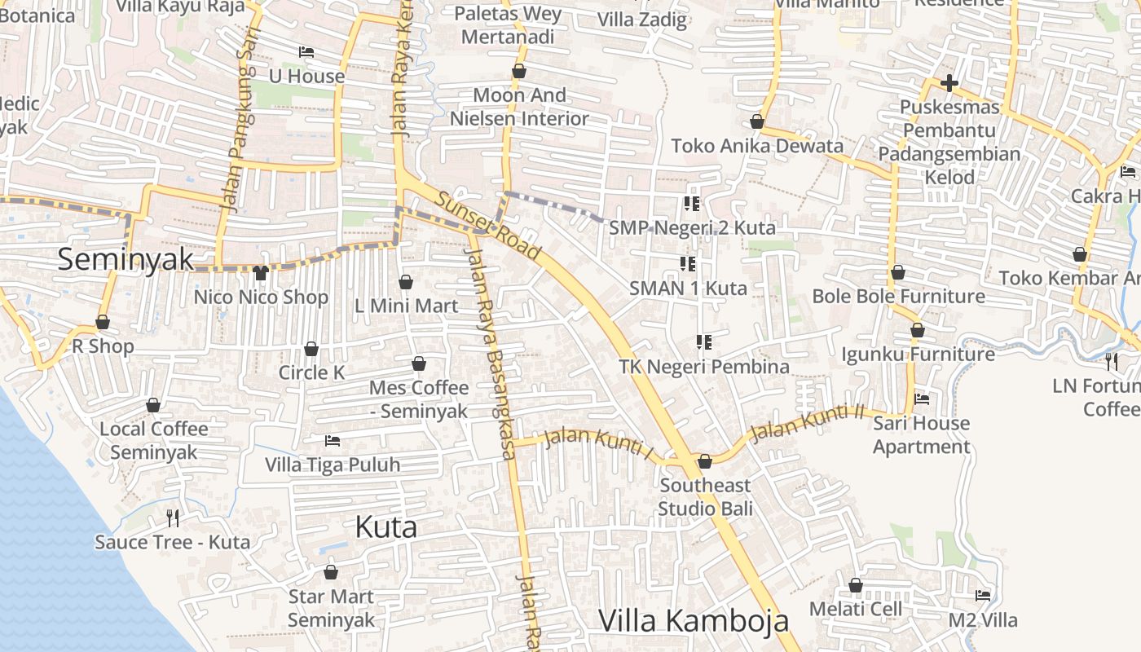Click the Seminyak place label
126,259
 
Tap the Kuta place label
386,527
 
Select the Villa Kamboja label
694,621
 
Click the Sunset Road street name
488,227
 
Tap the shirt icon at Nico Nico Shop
261,272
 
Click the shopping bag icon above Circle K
311,350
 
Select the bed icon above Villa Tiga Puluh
333,441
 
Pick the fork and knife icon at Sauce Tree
173,518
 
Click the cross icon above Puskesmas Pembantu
949,83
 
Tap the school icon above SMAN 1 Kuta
687,264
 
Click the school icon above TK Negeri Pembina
703,342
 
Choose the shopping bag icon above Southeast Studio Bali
705,461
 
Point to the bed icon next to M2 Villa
983,596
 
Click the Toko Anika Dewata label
757,146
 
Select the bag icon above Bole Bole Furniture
897,272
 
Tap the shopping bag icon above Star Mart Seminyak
331,572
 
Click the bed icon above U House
306,52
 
